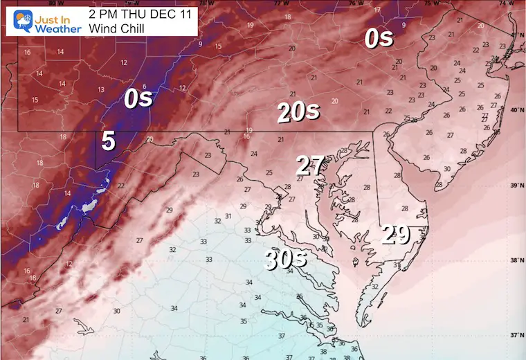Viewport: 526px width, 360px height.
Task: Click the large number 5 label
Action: [x=109, y=141]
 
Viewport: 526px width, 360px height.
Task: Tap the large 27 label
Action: [x=311, y=166]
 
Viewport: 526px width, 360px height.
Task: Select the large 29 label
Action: [x=397, y=235]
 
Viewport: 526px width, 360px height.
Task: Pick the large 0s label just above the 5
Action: [x=138, y=98]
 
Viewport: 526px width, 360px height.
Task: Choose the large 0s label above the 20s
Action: [x=379, y=39]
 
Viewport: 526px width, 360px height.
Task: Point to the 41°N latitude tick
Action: [x=516, y=35]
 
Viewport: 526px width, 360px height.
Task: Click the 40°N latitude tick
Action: [x=516, y=109]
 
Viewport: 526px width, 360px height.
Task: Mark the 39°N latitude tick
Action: [x=516, y=185]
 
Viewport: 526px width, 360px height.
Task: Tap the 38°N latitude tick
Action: [x=516, y=260]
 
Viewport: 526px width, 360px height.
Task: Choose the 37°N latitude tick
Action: [x=516, y=335]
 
